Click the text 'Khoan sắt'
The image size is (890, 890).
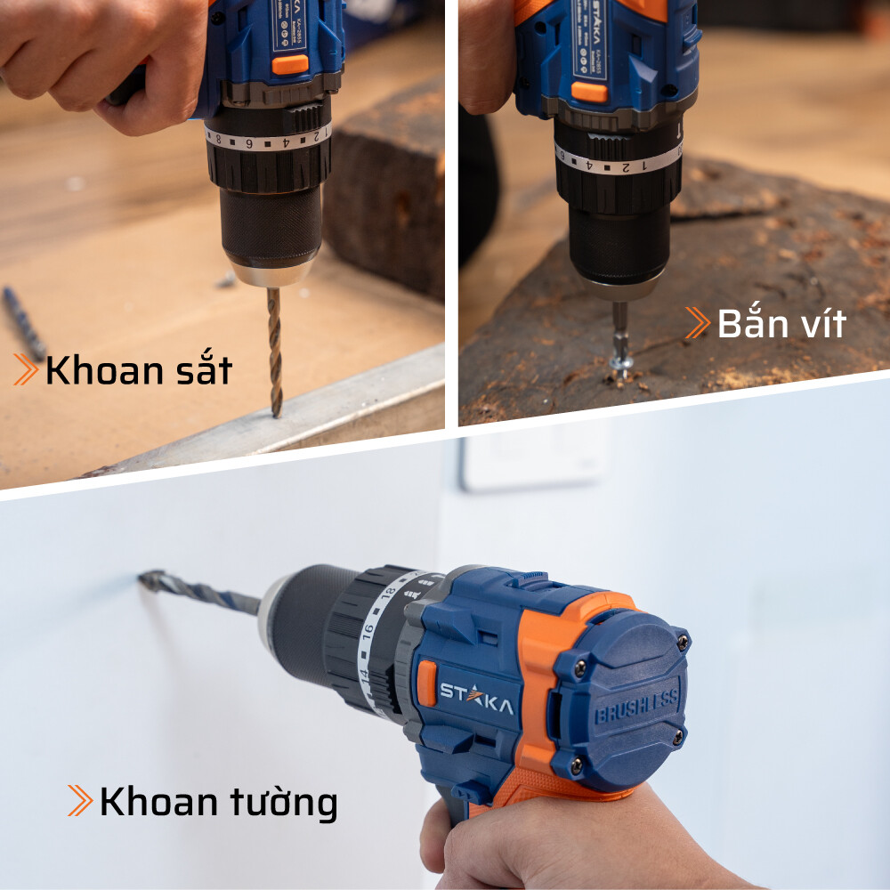138,370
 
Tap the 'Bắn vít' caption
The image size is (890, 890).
781,324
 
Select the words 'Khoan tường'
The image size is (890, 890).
218,802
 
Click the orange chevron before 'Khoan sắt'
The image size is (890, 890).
25,369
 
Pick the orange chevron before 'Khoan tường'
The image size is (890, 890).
80,801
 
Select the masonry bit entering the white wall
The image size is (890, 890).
200,590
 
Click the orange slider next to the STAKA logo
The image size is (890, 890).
427,683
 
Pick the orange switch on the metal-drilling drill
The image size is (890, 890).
290,64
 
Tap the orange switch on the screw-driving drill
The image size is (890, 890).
589,92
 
